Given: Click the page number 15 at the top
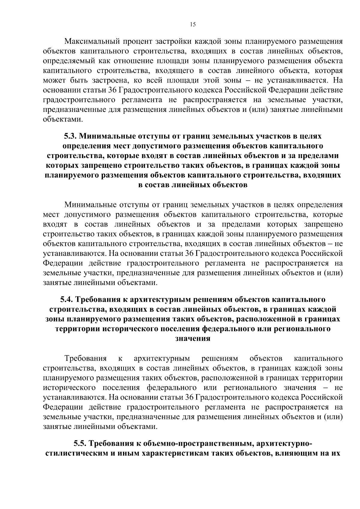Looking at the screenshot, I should [x=193, y=25].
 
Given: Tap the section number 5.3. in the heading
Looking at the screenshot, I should [x=70, y=136].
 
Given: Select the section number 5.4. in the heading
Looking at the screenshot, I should [x=67, y=300].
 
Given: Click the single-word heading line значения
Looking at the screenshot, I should [x=193, y=338].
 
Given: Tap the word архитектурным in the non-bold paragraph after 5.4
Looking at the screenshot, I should [x=162, y=358].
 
